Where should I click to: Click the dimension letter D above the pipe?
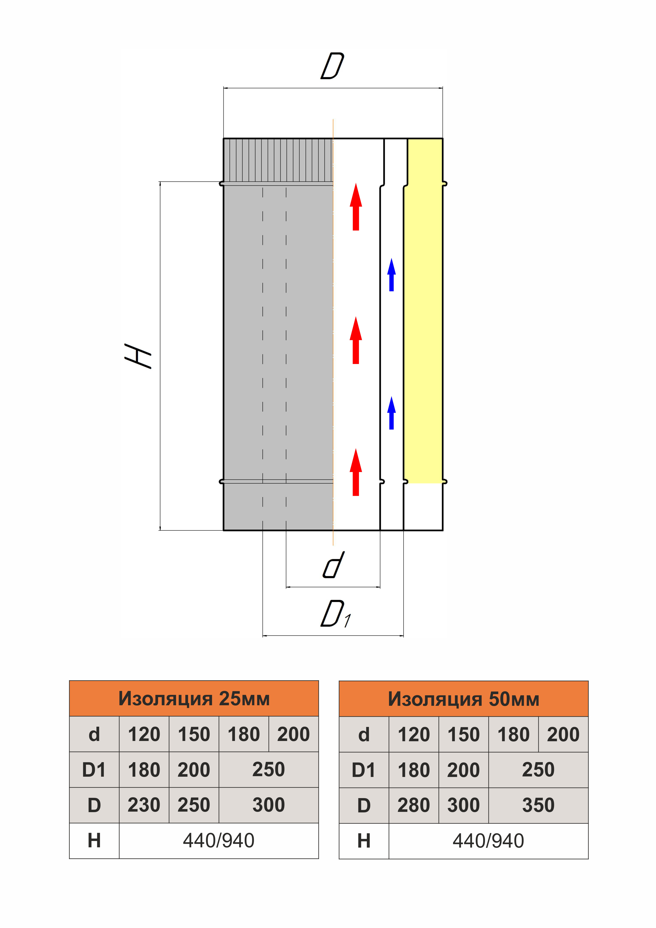[332, 66]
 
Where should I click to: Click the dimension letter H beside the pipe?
[138, 356]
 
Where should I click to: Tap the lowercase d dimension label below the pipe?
[334, 565]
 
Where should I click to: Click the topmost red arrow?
[356, 207]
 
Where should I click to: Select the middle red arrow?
[356, 340]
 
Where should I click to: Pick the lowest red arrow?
[356, 472]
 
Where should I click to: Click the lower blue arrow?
[391, 413]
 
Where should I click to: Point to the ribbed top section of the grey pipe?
[278, 161]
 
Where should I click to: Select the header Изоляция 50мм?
[464, 699]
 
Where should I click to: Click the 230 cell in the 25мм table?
[144, 805]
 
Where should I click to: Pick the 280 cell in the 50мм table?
[414, 806]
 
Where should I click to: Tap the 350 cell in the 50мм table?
[538, 806]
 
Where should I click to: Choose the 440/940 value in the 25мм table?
[219, 841]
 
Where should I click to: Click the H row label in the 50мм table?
[364, 841]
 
